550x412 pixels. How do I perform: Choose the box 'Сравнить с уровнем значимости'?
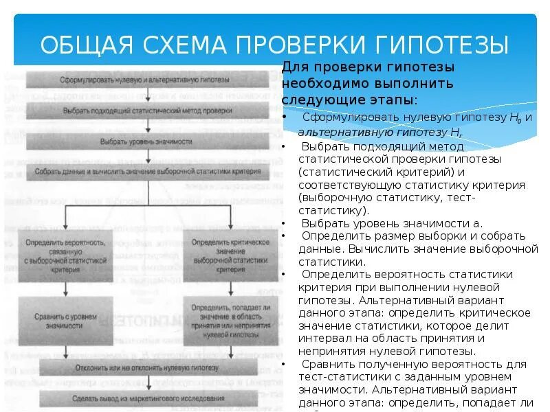65,321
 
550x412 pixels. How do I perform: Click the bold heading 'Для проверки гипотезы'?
368,67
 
